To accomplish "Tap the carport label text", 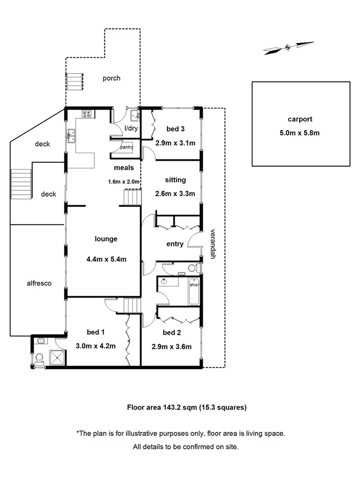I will tap(299, 119).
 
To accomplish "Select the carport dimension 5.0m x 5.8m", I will tap(299, 133).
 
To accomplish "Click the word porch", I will tap(111, 78).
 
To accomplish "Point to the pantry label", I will tap(127, 147).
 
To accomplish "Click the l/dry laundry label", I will tap(131, 129).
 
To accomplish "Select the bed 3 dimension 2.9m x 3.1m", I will tap(175, 143).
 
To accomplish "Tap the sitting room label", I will tap(175, 180).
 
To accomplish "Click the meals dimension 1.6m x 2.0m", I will tap(124, 182).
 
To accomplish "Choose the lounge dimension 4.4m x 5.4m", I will tap(106, 260).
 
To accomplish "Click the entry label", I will tap(175, 244).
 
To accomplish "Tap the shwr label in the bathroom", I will tap(194, 285).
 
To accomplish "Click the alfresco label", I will tap(38, 283).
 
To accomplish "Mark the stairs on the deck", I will tap(21, 183).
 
